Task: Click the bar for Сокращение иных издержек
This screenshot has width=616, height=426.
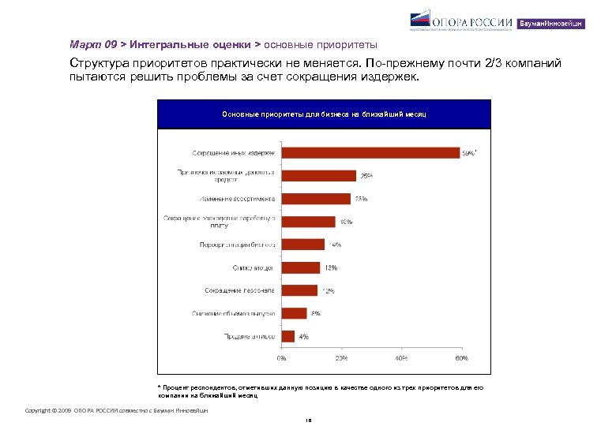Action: coord(370,152)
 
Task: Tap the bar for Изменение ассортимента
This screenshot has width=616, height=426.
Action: coord(316,199)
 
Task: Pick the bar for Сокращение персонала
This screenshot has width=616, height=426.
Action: coord(299,290)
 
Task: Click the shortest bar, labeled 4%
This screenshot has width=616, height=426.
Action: coord(287,336)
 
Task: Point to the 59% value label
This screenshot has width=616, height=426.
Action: coord(469,153)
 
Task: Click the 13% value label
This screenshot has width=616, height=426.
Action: coord(332,267)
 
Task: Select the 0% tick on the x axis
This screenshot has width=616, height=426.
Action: coord(281,358)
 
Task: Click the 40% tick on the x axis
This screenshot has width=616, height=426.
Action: coord(400,358)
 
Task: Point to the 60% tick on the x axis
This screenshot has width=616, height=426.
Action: coord(460,358)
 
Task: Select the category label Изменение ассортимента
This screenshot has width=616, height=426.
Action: coord(236,199)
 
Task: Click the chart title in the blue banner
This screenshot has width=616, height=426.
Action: coord(324,114)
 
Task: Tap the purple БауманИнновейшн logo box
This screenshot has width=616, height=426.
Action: coord(551,24)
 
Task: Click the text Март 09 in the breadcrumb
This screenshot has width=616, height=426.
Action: coord(87,45)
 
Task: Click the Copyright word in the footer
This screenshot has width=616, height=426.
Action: coord(37,411)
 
